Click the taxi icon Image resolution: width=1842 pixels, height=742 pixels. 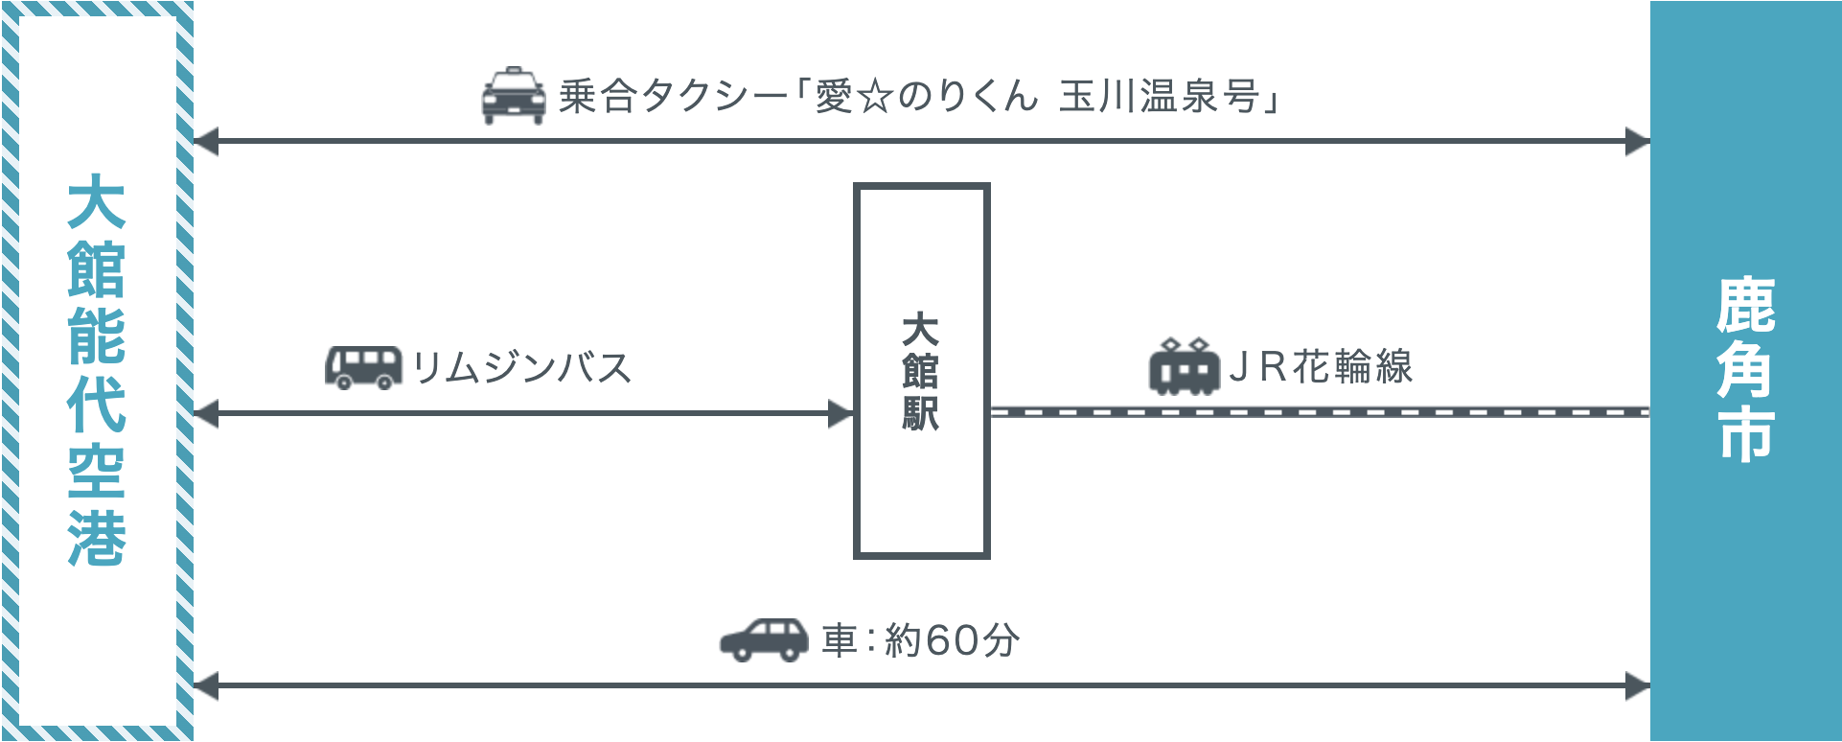(x=514, y=96)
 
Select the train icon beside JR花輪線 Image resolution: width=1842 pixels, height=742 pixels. (x=1185, y=366)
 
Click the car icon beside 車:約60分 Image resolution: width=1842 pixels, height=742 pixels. (x=765, y=639)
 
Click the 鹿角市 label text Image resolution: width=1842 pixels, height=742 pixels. (x=1745, y=369)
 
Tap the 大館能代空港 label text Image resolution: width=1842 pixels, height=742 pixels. (x=97, y=370)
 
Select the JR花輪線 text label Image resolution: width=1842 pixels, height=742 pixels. (x=1322, y=366)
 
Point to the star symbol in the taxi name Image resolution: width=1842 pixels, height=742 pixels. (x=875, y=97)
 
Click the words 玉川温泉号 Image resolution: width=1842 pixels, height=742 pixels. (x=1159, y=97)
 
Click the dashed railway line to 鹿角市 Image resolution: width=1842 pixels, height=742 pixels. (x=1321, y=412)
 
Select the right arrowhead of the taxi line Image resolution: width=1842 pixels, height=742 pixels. (x=1638, y=141)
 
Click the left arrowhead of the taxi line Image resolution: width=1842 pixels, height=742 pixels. (x=206, y=141)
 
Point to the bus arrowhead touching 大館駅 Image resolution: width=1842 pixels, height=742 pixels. (x=840, y=414)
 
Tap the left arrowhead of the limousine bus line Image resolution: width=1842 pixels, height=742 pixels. (x=206, y=414)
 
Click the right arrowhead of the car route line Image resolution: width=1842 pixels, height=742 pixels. (x=1638, y=686)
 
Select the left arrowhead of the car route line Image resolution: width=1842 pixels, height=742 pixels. (x=206, y=686)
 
